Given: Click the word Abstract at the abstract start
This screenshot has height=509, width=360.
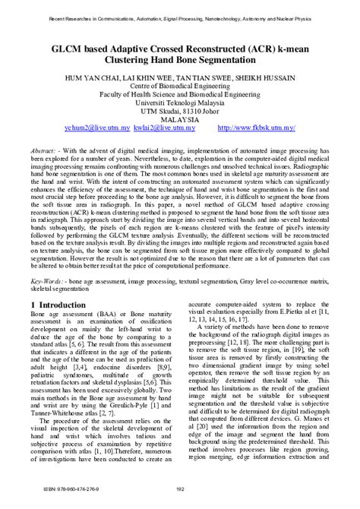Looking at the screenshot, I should pos(46,152).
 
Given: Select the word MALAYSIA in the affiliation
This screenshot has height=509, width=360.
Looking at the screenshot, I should pos(180,119).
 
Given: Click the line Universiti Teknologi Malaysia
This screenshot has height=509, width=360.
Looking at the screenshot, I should pos(180,100).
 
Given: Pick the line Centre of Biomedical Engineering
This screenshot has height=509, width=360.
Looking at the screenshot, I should pos(180,82).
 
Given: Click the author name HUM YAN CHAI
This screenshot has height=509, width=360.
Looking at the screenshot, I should pos(99,73).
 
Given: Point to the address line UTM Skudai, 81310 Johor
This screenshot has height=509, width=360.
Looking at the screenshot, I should pos(180,109).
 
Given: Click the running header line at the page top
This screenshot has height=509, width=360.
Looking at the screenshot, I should pos(180,14).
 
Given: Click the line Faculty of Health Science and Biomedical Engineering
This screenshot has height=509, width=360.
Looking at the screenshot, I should pos(180,91).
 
